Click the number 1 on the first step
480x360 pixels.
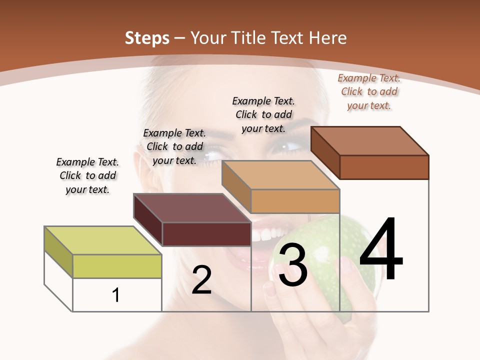click(x=116, y=295)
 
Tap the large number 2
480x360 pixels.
click(x=201, y=280)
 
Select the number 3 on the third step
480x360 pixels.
click(x=292, y=265)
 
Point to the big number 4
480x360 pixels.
click(x=381, y=249)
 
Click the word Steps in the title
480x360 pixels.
click(x=147, y=38)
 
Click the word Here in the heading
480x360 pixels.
click(x=328, y=38)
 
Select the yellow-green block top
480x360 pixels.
click(x=103, y=240)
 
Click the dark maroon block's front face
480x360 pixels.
click(x=206, y=234)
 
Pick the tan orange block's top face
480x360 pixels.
click(x=280, y=175)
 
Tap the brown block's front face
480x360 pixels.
click(x=384, y=167)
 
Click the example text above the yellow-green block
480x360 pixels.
click(x=87, y=175)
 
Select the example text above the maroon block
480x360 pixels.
click(x=174, y=146)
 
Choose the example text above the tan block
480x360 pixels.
click(x=263, y=114)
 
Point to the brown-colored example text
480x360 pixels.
click(x=369, y=91)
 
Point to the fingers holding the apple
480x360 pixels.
click(x=280, y=305)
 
